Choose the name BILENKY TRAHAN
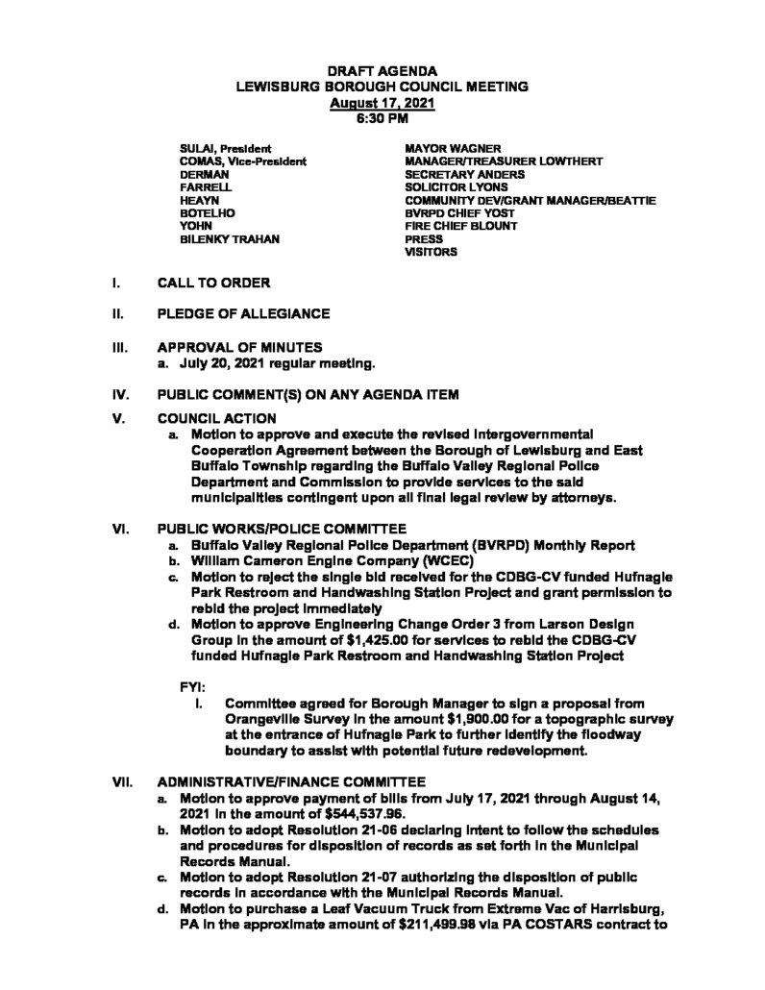pos(231,238)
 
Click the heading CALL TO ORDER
pos(213,284)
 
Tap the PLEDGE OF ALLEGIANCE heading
pos(243,314)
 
